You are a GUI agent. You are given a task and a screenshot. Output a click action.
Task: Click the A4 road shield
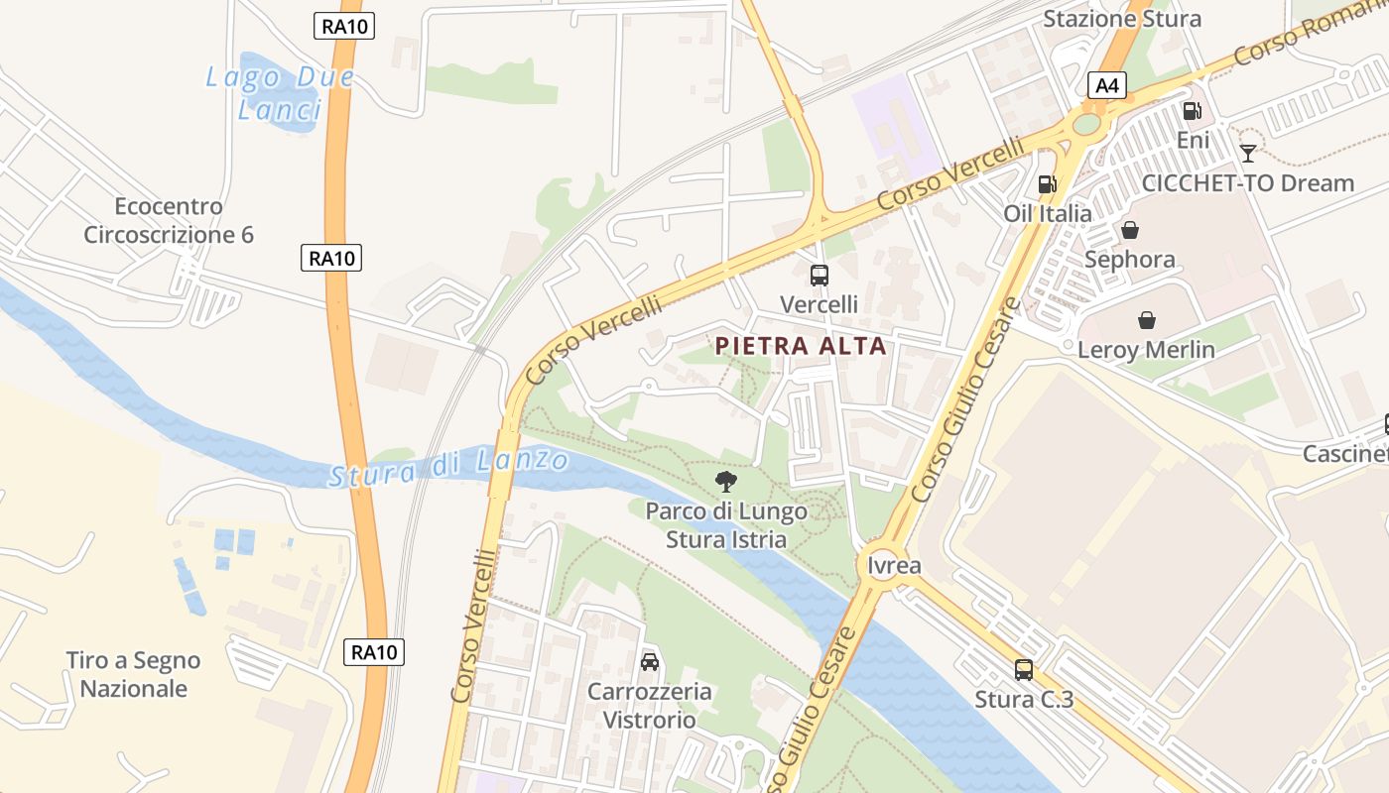[x=1107, y=85]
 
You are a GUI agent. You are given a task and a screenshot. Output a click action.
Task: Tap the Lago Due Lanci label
[x=279, y=93]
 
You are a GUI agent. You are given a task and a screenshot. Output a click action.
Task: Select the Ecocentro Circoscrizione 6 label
[x=169, y=220]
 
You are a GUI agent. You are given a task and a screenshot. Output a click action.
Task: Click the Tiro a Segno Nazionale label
[x=133, y=674]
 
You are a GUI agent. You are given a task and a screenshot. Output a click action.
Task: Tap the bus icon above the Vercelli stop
[x=819, y=276]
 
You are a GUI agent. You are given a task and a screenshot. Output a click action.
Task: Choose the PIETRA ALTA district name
[x=801, y=346]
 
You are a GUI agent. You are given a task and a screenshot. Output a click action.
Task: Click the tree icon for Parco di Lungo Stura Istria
[x=726, y=482]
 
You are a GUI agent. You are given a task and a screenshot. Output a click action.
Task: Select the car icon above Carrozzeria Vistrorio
[x=650, y=661]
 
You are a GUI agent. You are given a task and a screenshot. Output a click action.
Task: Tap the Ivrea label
[x=894, y=566]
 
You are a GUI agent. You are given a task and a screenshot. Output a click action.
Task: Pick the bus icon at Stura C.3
[x=1024, y=670]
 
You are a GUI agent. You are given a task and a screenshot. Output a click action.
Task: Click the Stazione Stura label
[x=1122, y=19]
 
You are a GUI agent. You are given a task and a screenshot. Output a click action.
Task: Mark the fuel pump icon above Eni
[x=1192, y=111]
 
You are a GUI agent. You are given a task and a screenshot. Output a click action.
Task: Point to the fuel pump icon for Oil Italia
[x=1047, y=183]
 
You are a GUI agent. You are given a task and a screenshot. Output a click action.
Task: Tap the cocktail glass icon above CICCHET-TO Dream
[x=1248, y=153]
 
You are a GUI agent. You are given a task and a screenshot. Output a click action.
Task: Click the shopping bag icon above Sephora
[x=1130, y=230]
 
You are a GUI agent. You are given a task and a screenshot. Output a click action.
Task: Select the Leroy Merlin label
[x=1146, y=349]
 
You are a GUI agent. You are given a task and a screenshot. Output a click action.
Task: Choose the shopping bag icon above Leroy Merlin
[x=1147, y=319]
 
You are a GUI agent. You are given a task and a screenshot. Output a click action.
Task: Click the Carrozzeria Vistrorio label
[x=650, y=705]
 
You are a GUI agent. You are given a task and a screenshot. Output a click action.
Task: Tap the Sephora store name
[x=1130, y=260]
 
